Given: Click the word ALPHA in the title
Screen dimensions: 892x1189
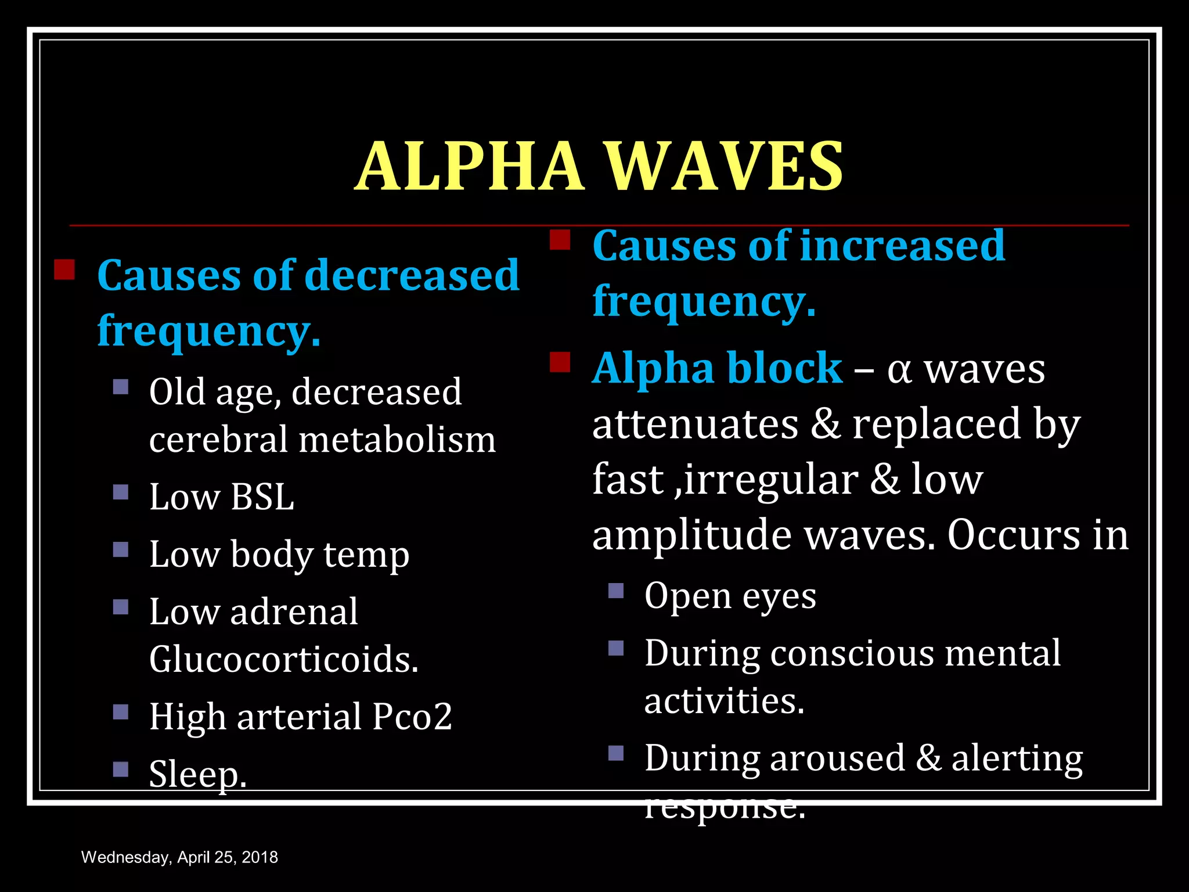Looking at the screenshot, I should (x=469, y=167).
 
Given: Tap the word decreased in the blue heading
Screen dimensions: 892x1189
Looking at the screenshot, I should (x=412, y=275).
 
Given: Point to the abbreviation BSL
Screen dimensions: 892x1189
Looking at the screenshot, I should (x=262, y=498).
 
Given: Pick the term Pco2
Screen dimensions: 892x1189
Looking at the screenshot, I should (x=412, y=717).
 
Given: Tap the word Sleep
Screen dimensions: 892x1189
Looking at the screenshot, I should (x=198, y=774).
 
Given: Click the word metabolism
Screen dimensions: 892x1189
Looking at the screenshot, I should (x=397, y=440).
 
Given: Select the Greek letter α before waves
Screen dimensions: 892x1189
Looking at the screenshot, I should (x=899, y=371).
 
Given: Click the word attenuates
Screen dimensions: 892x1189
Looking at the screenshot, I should (x=695, y=425).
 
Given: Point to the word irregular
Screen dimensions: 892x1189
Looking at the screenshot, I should (x=770, y=480).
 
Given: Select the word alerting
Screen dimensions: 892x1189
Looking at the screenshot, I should (x=1017, y=758).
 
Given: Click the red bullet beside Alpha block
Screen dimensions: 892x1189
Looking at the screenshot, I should (x=560, y=362).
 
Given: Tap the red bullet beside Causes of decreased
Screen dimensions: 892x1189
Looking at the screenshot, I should (x=64, y=269).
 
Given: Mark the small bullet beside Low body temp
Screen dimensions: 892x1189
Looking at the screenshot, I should (x=121, y=549).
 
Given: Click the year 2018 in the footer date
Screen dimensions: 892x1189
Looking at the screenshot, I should (x=260, y=857).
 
